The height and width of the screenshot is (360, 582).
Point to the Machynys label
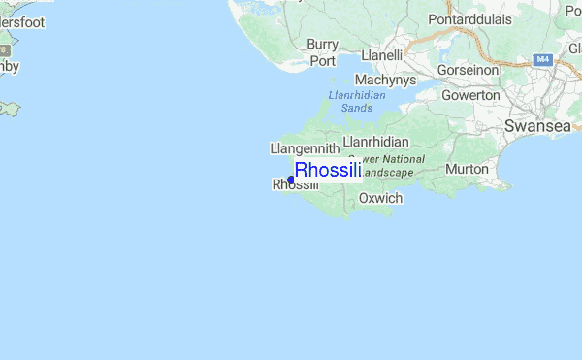[385, 80]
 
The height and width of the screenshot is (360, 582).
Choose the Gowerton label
[470, 95]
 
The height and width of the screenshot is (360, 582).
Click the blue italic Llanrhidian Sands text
[357, 101]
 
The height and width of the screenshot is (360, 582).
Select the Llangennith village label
[304, 148]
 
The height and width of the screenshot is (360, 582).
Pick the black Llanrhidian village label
[374, 141]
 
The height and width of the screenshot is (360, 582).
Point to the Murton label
[467, 169]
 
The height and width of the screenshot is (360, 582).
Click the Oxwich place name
[380, 198]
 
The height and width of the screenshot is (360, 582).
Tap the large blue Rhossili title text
[328, 171]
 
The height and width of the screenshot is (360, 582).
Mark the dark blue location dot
[291, 180]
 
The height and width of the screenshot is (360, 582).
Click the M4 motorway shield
[543, 60]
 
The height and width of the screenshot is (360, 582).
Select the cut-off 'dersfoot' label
[22, 22]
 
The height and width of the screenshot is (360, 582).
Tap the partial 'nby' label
[9, 67]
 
